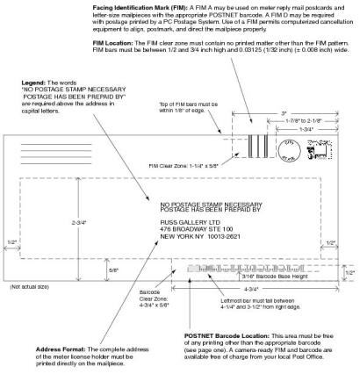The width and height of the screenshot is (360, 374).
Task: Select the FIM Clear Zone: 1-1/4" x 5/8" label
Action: [x=192, y=164]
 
